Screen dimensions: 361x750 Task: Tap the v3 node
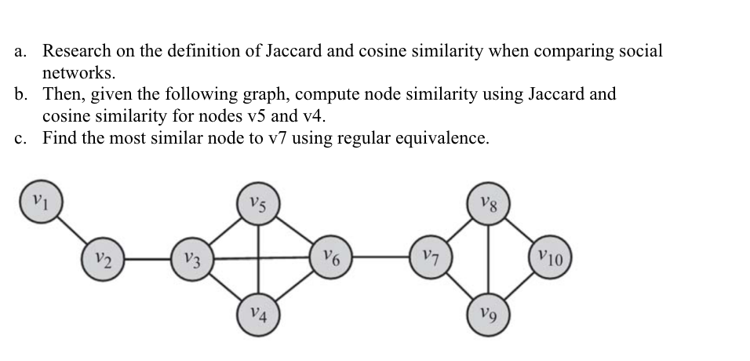coord(191,258)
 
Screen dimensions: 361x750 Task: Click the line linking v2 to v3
coord(147,256)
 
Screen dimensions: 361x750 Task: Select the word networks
coord(78,74)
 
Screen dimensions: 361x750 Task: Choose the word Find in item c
coord(58,138)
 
